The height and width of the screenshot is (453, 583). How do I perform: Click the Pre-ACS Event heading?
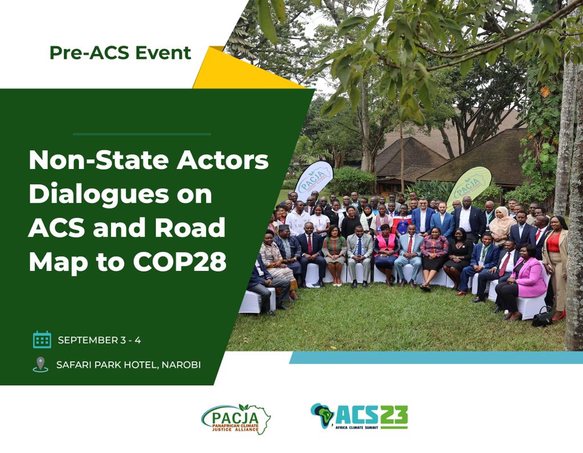click(120, 53)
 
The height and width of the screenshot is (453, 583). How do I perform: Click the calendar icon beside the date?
click(42, 340)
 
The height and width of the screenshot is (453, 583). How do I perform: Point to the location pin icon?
click(40, 364)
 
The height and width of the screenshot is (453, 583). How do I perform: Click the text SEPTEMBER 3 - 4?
click(99, 340)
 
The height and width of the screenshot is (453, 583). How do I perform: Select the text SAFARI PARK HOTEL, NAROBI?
click(128, 365)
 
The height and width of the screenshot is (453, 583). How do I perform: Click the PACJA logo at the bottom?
click(236, 419)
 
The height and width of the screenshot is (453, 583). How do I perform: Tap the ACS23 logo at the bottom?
click(359, 417)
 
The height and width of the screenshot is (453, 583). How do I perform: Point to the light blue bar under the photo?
click(436, 357)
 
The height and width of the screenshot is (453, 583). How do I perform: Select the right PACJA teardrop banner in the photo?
click(469, 186)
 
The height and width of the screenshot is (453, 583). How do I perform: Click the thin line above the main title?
click(142, 134)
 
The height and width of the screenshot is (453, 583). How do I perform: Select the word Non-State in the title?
click(88, 161)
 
